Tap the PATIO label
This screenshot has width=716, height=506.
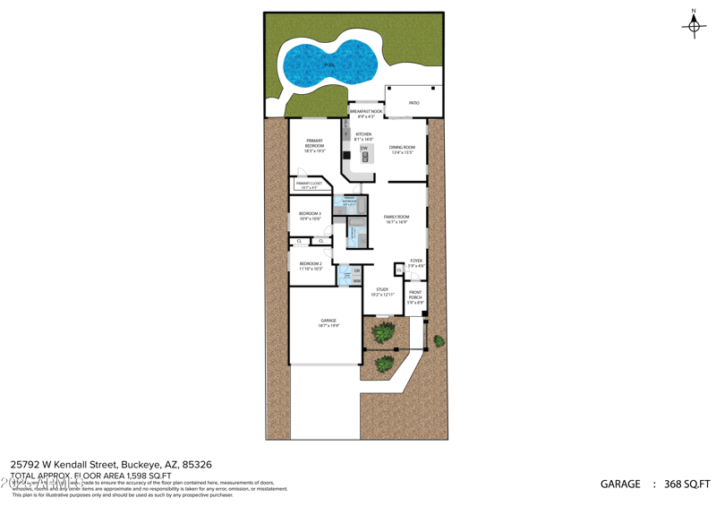(414, 103)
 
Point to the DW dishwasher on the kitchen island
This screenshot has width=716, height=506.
(364, 148)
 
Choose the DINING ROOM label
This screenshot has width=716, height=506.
(402, 150)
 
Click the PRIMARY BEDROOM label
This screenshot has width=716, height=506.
(314, 143)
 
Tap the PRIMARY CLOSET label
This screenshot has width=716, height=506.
(309, 184)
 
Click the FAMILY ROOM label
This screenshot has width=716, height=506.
(396, 219)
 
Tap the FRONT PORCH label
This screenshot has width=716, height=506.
(415, 297)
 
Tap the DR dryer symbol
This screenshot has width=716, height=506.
(357, 270)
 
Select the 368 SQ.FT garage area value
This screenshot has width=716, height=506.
(686, 485)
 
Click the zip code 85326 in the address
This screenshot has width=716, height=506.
(197, 464)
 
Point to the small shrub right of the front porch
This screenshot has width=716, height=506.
(439, 340)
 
